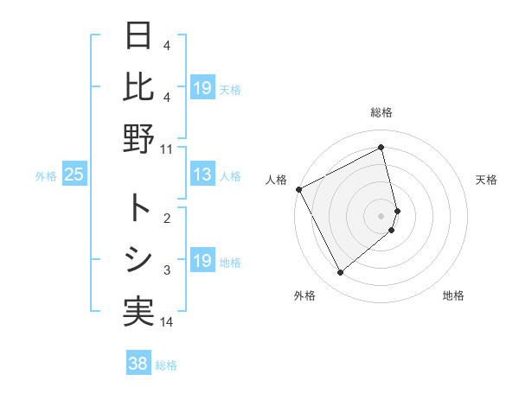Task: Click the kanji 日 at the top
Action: point(139,36)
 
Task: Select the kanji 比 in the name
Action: point(139,86)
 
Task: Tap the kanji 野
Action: point(139,138)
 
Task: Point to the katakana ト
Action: point(139,207)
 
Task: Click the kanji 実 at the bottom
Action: point(139,312)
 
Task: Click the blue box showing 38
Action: point(138,364)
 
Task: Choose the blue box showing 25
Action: point(74,175)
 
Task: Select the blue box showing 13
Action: point(202,175)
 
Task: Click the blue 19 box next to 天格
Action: point(202,88)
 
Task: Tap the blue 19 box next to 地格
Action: point(202,262)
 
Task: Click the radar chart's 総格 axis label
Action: point(381,112)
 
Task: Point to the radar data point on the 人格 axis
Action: point(298,189)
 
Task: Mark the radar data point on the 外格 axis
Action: point(340,273)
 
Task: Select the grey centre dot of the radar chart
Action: point(381,215)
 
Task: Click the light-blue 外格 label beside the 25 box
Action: point(46,176)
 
